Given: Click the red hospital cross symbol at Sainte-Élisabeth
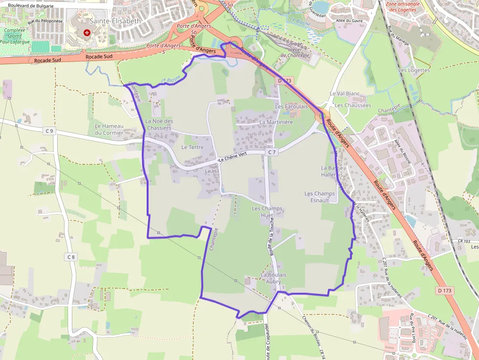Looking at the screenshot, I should coord(87,33).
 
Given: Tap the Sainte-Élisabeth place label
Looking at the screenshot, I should coord(115,21).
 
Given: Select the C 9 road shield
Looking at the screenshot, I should coord(49,130).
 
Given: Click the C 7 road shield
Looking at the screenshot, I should coord(272,152).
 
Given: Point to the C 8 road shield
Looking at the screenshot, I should coord(71,257).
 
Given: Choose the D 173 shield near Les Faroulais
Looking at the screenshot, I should coord(284,80).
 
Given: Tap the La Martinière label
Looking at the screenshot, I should coord(276,122).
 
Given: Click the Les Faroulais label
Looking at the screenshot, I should coord(291,106).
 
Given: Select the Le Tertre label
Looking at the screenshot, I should coord(192,147).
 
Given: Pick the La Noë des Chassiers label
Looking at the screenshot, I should coord(159,125).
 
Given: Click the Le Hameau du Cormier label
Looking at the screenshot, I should coord(109,129).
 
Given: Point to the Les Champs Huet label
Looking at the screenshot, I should coord(267,212).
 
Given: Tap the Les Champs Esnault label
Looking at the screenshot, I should coord(320,197).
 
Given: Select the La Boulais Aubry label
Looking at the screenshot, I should coord(274,278).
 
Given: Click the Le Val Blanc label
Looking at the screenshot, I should coord(345,93).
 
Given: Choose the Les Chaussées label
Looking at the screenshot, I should coord(352,105).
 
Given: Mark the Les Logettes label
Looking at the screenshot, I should coord(414,70).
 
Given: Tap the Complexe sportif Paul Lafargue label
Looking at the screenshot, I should coord(15,36).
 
